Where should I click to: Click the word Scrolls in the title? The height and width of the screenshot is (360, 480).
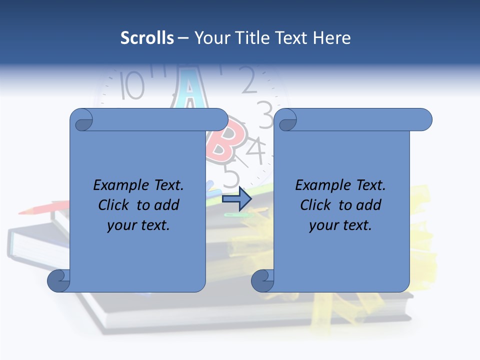tap(147, 38)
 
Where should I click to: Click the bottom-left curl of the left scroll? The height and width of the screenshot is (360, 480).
tap(58, 280)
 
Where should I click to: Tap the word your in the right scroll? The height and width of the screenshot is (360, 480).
tap(323, 225)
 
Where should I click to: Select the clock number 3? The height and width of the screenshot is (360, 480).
tap(264, 109)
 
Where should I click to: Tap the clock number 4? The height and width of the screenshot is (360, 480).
tap(256, 150)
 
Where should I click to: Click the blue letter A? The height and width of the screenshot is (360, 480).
tap(189, 90)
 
